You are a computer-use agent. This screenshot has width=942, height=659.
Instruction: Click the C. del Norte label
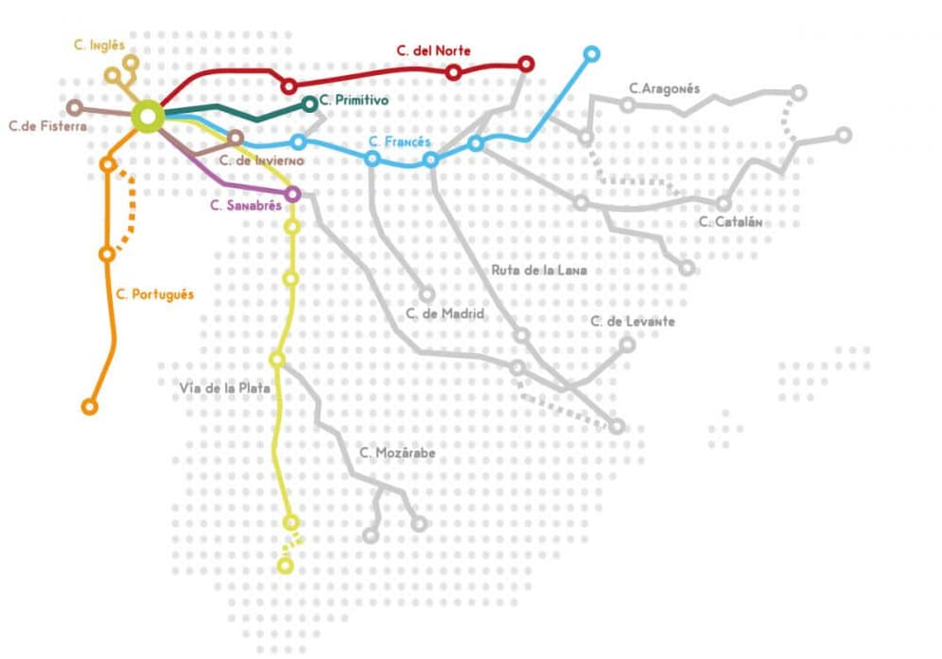433,50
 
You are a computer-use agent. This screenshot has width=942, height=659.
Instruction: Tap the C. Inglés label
99,45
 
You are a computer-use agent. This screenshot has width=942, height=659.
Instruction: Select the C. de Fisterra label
47,125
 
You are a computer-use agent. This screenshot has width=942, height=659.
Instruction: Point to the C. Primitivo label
354,100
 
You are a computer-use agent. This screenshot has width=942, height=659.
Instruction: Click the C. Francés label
400,142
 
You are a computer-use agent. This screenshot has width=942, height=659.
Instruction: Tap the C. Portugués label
155,294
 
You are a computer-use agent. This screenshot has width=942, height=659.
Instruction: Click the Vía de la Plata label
226,387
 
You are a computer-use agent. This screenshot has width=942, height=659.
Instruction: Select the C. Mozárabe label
398,453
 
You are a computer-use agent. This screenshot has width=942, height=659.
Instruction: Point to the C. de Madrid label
445,313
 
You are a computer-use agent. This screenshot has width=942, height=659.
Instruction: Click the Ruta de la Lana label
538,270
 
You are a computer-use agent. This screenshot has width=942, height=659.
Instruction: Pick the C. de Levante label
632,321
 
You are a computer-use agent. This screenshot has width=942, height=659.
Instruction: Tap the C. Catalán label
730,222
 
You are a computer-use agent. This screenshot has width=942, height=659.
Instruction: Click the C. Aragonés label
665,88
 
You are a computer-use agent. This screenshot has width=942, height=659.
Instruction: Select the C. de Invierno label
262,160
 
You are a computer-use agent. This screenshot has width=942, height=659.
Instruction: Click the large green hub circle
148,116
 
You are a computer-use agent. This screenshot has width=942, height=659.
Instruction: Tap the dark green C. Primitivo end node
310,104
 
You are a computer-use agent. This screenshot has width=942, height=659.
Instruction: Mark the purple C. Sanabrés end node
292,194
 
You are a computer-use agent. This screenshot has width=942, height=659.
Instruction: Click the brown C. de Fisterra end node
74,107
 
